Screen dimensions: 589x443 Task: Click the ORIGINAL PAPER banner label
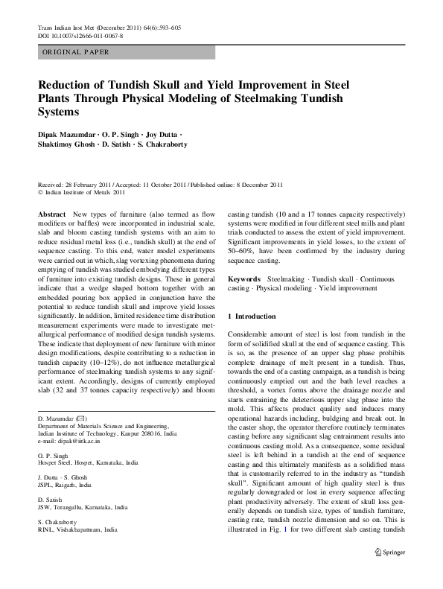pos(76,52)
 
